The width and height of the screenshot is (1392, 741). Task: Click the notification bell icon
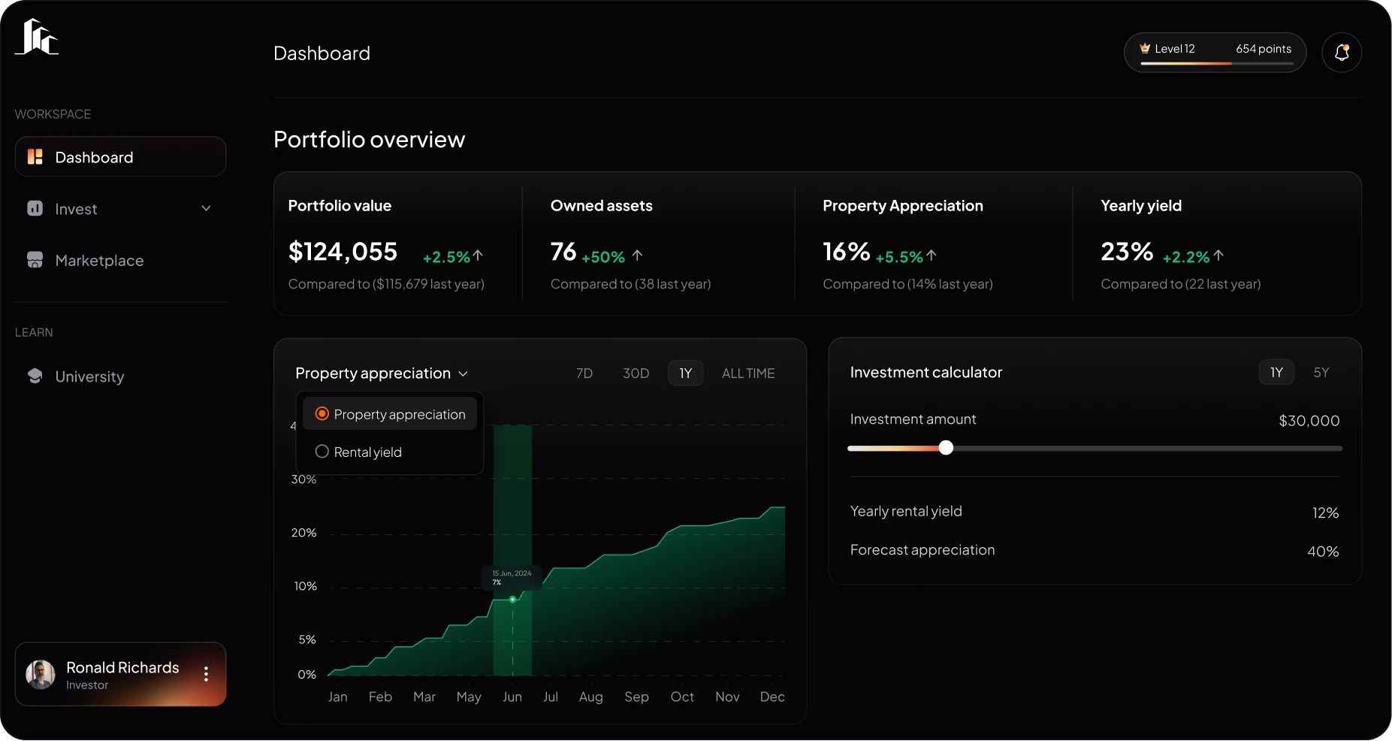tap(1342, 53)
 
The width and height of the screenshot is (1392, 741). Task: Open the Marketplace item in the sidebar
tap(99, 261)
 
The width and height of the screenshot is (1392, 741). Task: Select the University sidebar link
tap(89, 377)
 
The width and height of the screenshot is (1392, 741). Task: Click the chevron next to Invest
tap(206, 208)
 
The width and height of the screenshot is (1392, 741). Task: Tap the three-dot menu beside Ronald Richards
tap(206, 674)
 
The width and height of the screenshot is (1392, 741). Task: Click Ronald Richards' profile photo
tap(41, 674)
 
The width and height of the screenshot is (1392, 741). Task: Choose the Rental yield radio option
tap(322, 452)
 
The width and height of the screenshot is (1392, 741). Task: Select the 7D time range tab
tap(584, 374)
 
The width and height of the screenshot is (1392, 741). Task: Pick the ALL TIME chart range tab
tap(747, 374)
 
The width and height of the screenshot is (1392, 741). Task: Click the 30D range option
tap(636, 374)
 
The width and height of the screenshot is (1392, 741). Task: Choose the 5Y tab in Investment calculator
tap(1321, 373)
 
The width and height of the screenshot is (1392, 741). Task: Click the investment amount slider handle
tap(946, 448)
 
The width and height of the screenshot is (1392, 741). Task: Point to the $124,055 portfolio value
tap(343, 252)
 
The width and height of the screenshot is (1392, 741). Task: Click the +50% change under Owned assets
tap(603, 257)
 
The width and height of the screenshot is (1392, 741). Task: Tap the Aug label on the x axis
tap(590, 697)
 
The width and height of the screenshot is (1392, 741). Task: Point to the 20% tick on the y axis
tap(303, 533)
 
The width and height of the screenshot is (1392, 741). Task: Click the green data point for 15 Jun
tap(512, 600)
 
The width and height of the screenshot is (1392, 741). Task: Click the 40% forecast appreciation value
tap(1322, 552)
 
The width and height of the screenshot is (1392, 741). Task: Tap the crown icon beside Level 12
tap(1145, 48)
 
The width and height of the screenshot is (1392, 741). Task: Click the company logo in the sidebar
tap(37, 38)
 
